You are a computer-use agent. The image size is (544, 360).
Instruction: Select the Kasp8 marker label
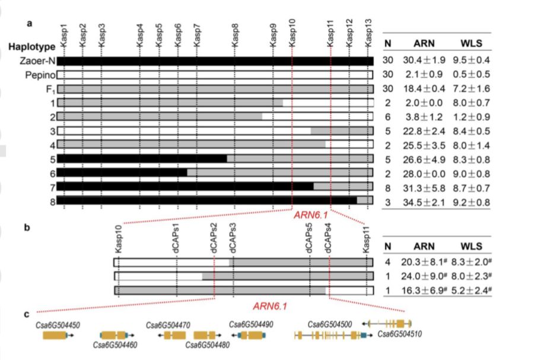[x=236, y=36]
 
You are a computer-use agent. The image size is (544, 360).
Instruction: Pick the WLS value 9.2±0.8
[x=471, y=202]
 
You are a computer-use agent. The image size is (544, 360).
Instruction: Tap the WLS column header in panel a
[x=471, y=44]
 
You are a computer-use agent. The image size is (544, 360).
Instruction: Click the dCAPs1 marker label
[x=176, y=238]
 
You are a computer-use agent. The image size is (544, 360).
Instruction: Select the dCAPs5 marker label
[x=310, y=238]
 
